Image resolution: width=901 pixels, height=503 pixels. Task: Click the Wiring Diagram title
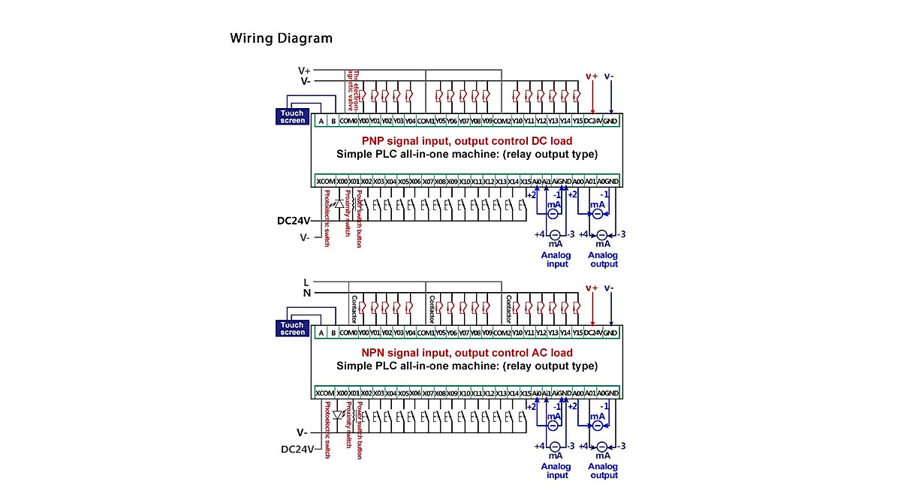click(x=281, y=38)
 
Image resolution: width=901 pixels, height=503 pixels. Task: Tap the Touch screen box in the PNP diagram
click(x=292, y=116)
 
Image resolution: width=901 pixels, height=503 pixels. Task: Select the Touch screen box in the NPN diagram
click(x=292, y=328)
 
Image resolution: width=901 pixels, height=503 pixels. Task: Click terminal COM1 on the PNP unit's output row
click(x=426, y=120)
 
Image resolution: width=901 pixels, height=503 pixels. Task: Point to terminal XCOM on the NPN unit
click(x=325, y=393)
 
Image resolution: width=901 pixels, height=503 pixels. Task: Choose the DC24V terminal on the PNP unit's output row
click(x=592, y=120)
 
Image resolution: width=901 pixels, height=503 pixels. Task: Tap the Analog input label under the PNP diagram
click(x=556, y=259)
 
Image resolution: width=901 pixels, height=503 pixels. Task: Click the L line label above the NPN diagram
click(x=306, y=282)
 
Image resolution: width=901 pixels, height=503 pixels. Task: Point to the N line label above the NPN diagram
click(x=306, y=294)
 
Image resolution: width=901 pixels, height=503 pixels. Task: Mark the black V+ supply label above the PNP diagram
click(x=304, y=71)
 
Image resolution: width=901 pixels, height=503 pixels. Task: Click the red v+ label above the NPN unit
click(x=592, y=288)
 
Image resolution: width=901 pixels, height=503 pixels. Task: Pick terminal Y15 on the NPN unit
click(x=577, y=332)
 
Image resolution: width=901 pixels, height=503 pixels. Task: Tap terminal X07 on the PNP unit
click(x=428, y=181)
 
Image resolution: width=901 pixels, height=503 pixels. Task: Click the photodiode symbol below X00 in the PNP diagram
click(x=339, y=203)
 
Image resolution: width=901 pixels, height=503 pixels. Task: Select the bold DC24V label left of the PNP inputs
click(x=293, y=221)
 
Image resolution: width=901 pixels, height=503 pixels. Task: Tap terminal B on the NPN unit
click(x=333, y=333)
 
